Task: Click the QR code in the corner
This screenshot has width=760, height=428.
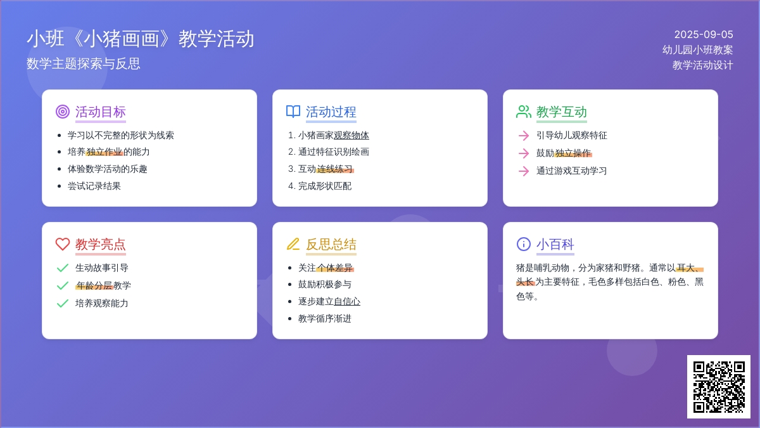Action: pyautogui.click(x=719, y=387)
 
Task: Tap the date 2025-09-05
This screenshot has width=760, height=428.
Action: pyautogui.click(x=704, y=35)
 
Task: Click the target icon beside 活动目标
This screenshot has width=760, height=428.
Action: pyautogui.click(x=63, y=112)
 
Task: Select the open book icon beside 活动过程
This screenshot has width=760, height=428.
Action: pyautogui.click(x=293, y=112)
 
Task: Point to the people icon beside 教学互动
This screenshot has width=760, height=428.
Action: pyautogui.click(x=524, y=112)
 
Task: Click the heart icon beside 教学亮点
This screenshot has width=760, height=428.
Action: pyautogui.click(x=63, y=244)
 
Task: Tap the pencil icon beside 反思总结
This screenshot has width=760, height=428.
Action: pyautogui.click(x=293, y=244)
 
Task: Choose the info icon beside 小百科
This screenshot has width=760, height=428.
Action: pyautogui.click(x=524, y=244)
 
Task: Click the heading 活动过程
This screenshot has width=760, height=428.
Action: pyautogui.click(x=331, y=112)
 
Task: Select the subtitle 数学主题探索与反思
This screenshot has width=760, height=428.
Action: pyautogui.click(x=84, y=64)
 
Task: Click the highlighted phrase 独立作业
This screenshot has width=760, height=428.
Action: pyautogui.click(x=104, y=152)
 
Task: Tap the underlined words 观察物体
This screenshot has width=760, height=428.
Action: pyautogui.click(x=351, y=136)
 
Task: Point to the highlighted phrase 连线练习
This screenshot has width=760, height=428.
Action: pyautogui.click(x=335, y=169)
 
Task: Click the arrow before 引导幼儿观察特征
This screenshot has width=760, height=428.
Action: pyautogui.click(x=524, y=136)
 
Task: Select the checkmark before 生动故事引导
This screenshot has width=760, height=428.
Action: pyautogui.click(x=63, y=268)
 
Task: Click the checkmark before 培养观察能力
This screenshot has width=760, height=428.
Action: pyautogui.click(x=63, y=303)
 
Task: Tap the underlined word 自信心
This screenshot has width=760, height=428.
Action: pyautogui.click(x=347, y=302)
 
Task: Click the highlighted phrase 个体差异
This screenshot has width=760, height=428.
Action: pyautogui.click(x=335, y=268)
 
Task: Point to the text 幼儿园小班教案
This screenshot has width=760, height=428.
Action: pyautogui.click(x=697, y=50)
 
